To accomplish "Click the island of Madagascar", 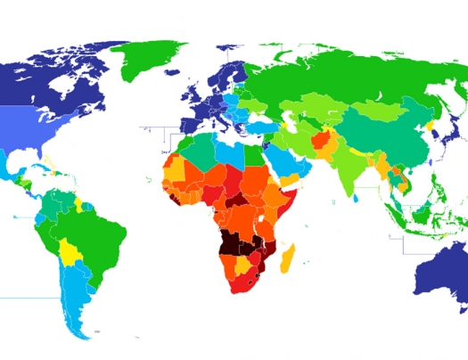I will [288, 258].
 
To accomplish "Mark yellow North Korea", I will [432, 127].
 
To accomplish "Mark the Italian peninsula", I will [219, 126].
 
